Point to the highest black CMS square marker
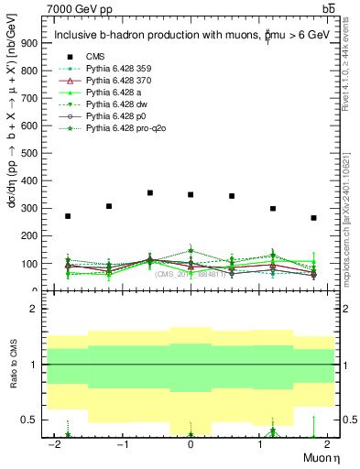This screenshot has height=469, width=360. click(149, 192)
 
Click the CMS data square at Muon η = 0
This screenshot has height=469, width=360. click(191, 194)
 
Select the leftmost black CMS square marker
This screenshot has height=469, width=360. click(68, 216)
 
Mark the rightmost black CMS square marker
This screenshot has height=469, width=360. click(313, 218)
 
